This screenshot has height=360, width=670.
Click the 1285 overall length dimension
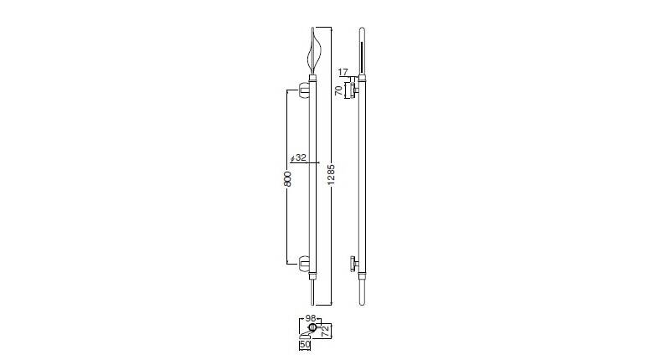click(x=331, y=174)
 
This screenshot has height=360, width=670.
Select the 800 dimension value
click(x=288, y=179)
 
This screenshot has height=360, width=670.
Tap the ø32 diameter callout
click(x=298, y=157)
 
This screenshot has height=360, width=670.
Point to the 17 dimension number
click(x=343, y=72)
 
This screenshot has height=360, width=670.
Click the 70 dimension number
click(x=338, y=90)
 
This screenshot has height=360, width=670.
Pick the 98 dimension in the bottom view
click(x=311, y=319)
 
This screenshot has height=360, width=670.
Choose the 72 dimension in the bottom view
click(x=326, y=331)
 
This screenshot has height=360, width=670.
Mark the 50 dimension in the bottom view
click(x=305, y=344)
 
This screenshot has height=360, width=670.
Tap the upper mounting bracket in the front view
click(x=304, y=90)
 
